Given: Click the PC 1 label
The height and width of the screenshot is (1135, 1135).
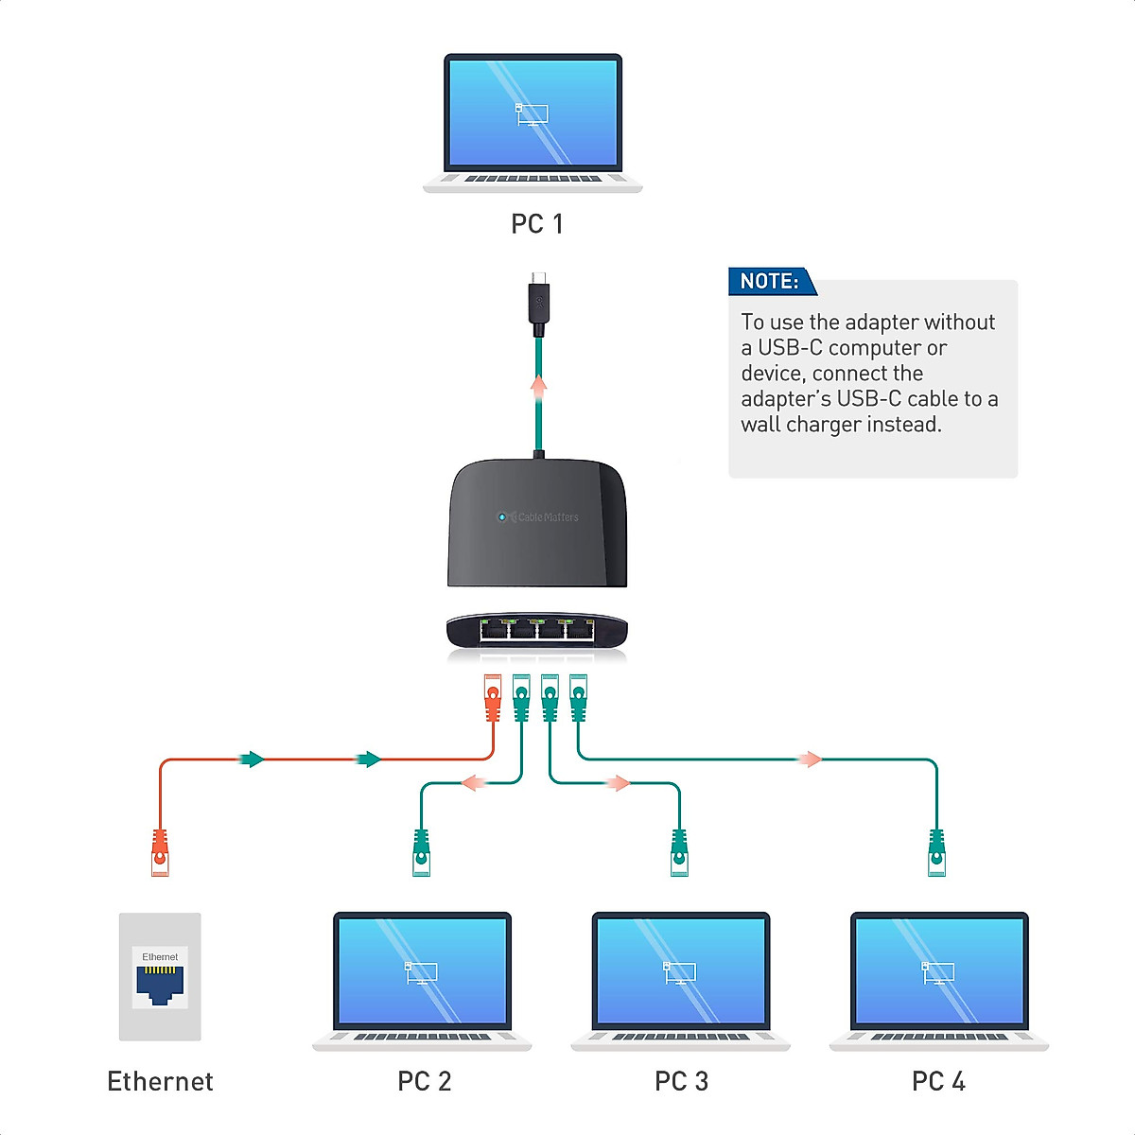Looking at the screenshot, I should tap(536, 224).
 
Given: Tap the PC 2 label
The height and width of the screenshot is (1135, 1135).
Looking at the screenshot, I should tap(424, 1081).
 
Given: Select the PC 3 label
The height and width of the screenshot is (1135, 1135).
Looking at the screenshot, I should tap(681, 1081).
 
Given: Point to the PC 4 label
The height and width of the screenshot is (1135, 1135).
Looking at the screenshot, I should tap(938, 1081).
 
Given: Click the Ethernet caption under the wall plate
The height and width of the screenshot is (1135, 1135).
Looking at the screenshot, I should tap(160, 1081).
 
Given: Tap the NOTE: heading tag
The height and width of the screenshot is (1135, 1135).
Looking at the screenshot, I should tap(769, 281).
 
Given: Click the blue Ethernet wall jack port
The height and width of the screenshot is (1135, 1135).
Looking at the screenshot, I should tap(160, 985).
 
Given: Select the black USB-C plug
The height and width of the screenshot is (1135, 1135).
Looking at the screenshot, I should tap(538, 303).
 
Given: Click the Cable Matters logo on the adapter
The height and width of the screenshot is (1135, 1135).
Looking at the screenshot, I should tap(539, 517).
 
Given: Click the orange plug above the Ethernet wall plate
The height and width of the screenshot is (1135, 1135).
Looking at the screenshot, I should tap(160, 852).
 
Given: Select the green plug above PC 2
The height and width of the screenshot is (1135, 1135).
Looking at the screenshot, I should tap(421, 852).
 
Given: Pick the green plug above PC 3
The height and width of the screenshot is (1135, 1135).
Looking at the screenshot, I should tap(679, 852).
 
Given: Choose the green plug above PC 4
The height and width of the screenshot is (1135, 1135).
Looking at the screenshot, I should tap(936, 852).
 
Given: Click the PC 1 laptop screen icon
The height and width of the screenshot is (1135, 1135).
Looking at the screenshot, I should tap(532, 114).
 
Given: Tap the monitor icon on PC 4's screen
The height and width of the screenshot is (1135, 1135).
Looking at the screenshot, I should tap(938, 972).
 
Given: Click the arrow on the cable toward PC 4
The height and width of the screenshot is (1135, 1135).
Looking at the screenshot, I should tap(810, 759).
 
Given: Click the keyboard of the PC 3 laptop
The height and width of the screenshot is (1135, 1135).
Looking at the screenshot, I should tap(680, 1037).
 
